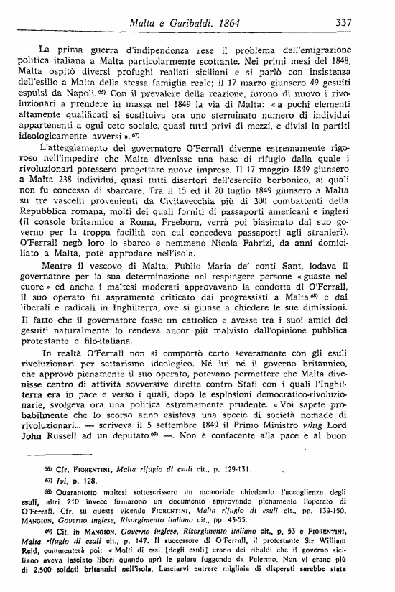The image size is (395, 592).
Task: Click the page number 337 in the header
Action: tap(343, 23)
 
